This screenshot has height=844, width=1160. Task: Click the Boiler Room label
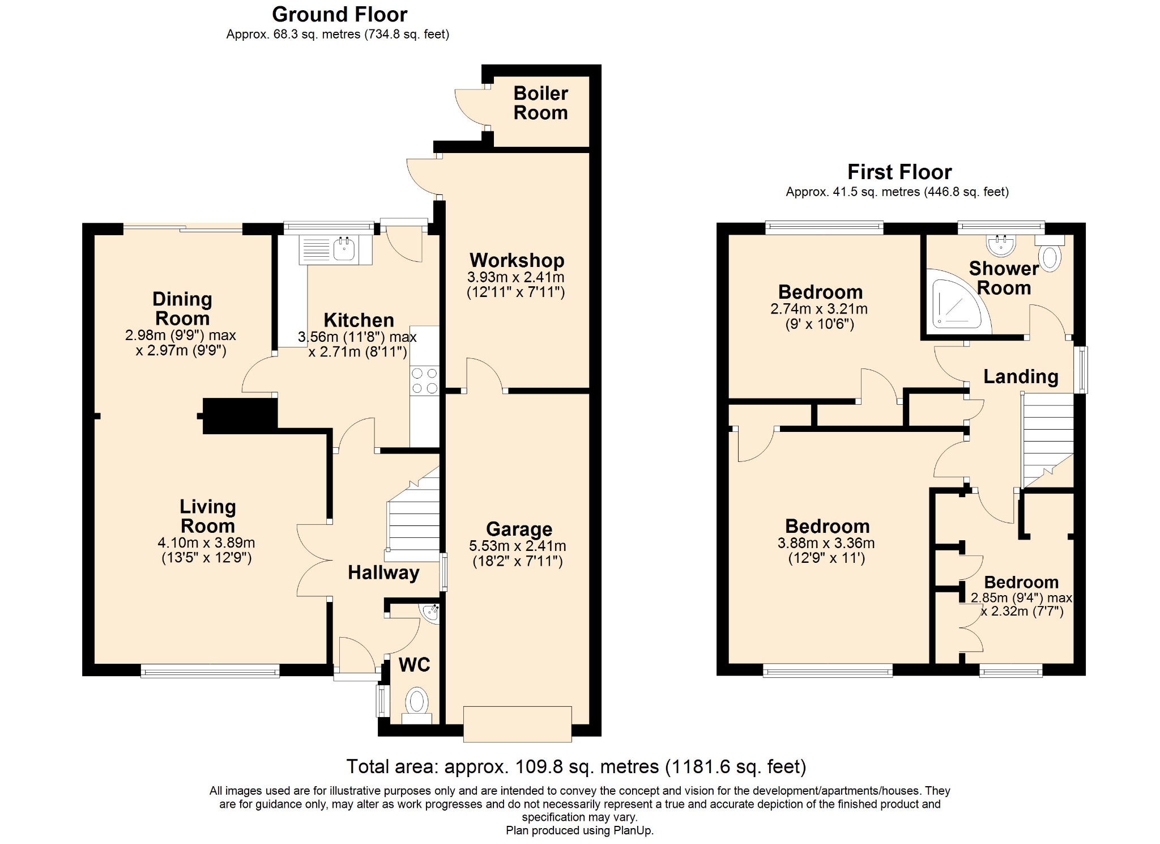[x=540, y=103]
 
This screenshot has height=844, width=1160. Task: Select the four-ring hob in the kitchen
[x=424, y=380]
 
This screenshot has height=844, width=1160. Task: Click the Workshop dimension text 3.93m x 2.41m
[x=515, y=277]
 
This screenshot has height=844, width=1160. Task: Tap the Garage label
[x=519, y=529]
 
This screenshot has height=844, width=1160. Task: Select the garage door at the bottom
[x=517, y=724]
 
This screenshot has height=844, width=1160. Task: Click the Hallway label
[x=383, y=572]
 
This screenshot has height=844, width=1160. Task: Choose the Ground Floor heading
[x=339, y=14]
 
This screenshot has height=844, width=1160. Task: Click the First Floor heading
[x=899, y=172]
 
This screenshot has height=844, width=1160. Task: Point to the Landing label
[x=1021, y=376]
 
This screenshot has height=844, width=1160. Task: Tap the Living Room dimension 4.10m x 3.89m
[x=206, y=542]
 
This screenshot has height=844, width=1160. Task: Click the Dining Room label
[x=182, y=308]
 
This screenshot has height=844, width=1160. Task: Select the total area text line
[x=576, y=767]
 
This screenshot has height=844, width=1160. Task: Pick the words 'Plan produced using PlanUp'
[x=579, y=831]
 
